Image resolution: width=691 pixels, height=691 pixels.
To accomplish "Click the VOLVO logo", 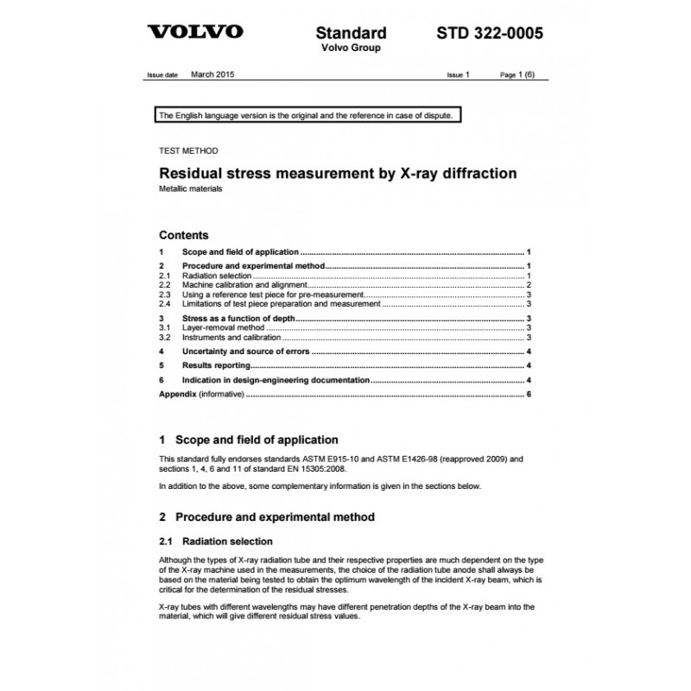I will (197, 33).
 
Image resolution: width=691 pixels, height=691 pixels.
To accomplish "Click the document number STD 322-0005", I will (489, 33).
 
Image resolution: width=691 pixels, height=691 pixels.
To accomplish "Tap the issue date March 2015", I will (212, 75).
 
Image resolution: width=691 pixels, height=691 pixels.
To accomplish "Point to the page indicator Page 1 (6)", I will (517, 75).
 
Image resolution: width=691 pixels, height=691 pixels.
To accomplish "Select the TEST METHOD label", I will (183, 149).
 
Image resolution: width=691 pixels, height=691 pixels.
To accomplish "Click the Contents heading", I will (184, 235).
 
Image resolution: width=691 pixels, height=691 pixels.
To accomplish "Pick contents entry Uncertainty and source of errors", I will (245, 352).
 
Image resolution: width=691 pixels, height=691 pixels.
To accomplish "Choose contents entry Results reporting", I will (219, 365).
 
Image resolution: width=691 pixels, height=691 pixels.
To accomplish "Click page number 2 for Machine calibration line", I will (528, 283).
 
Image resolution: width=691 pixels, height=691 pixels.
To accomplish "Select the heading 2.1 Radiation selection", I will (216, 542).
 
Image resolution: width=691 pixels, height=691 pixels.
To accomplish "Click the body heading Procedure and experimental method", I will (275, 517).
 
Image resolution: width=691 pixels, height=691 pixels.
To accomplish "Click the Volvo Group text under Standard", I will (351, 48).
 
